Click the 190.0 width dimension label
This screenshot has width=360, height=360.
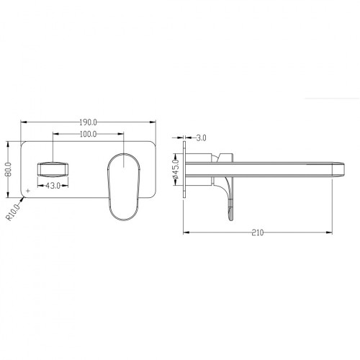click(x=88, y=122)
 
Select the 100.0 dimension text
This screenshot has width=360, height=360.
click(x=88, y=134)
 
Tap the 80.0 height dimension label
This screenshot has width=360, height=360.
click(x=9, y=169)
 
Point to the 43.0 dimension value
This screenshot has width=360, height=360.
click(x=53, y=186)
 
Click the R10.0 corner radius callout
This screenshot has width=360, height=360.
click(x=13, y=212)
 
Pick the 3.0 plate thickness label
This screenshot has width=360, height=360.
click(x=201, y=138)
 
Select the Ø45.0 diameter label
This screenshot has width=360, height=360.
click(x=176, y=169)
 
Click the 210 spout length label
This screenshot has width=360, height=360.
click(x=258, y=233)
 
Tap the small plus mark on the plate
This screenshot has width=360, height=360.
click(x=28, y=191)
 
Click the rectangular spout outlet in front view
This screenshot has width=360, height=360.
click(x=53, y=170)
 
